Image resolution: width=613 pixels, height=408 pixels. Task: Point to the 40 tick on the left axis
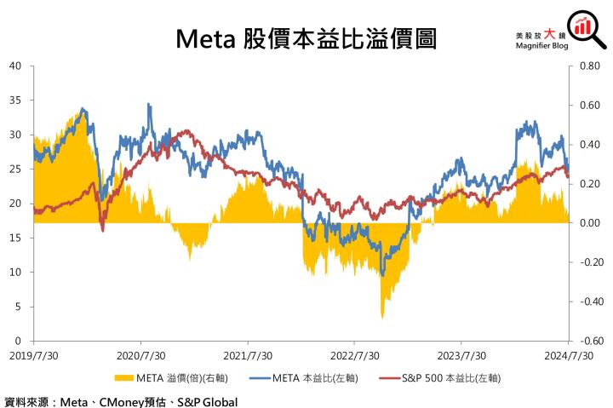point(14,66)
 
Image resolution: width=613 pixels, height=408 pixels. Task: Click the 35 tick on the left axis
point(14,100)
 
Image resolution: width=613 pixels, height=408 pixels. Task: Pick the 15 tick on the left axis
point(14,238)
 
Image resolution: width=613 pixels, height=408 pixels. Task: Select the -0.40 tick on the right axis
point(588,302)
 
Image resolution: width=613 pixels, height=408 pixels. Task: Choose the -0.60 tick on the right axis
point(588,341)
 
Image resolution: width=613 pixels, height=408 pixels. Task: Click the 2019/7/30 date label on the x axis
point(33,355)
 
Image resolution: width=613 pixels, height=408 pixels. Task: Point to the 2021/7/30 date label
point(248,355)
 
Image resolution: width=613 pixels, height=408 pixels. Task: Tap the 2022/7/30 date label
point(355,355)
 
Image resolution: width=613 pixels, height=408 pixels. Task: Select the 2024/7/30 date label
point(570,355)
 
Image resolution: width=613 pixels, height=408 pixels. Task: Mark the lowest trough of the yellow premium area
point(381,317)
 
